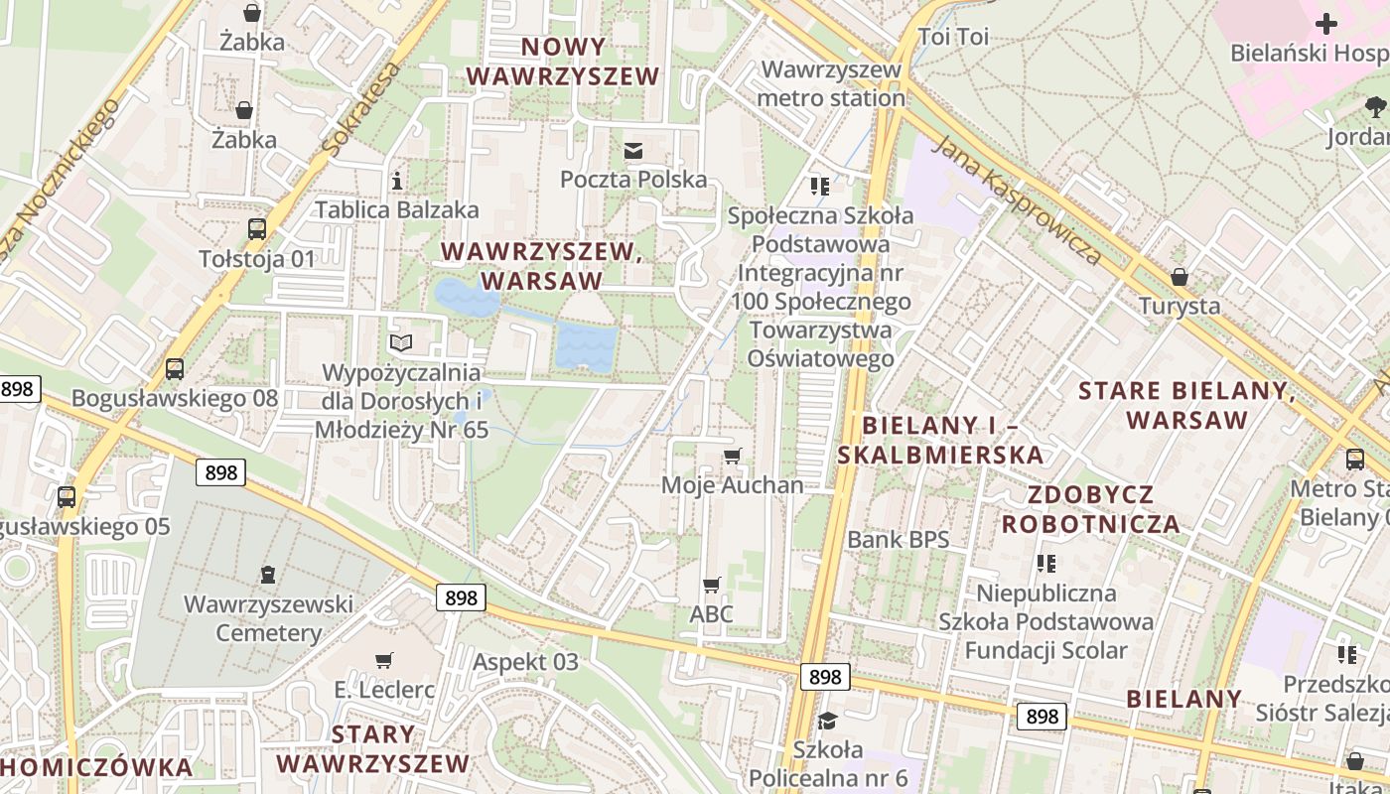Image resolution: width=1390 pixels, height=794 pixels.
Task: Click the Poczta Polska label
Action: [633, 180]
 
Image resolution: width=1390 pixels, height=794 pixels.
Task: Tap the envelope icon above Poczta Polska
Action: [632, 151]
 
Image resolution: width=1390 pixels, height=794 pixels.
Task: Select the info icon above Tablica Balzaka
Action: [397, 181]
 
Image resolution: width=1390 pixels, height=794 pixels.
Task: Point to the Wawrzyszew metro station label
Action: [832, 84]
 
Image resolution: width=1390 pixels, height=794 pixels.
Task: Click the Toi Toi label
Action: [953, 38]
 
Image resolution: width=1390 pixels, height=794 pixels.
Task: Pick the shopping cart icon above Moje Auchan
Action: [733, 456]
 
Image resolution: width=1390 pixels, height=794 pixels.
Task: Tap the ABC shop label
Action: [711, 614]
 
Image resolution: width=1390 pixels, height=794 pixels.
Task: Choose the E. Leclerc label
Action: [384, 690]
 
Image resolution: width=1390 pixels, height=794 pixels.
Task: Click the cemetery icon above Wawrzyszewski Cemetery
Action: [268, 574]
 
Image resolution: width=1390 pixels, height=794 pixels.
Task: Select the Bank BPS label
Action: [898, 540]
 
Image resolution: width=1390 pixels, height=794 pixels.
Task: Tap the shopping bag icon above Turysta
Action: [1180, 276]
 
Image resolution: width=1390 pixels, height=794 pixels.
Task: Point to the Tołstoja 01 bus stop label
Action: [257, 259]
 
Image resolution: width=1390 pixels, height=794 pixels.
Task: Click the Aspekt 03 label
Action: [525, 662]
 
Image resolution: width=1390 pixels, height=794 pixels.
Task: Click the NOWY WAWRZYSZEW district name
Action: [563, 62]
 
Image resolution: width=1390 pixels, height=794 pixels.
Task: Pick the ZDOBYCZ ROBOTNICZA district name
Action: [1090, 509]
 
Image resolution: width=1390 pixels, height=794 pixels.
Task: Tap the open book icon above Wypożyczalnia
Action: [401, 343]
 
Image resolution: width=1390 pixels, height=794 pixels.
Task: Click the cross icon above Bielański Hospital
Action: [1326, 24]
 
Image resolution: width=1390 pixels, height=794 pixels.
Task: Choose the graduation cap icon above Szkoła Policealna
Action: [827, 720]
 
